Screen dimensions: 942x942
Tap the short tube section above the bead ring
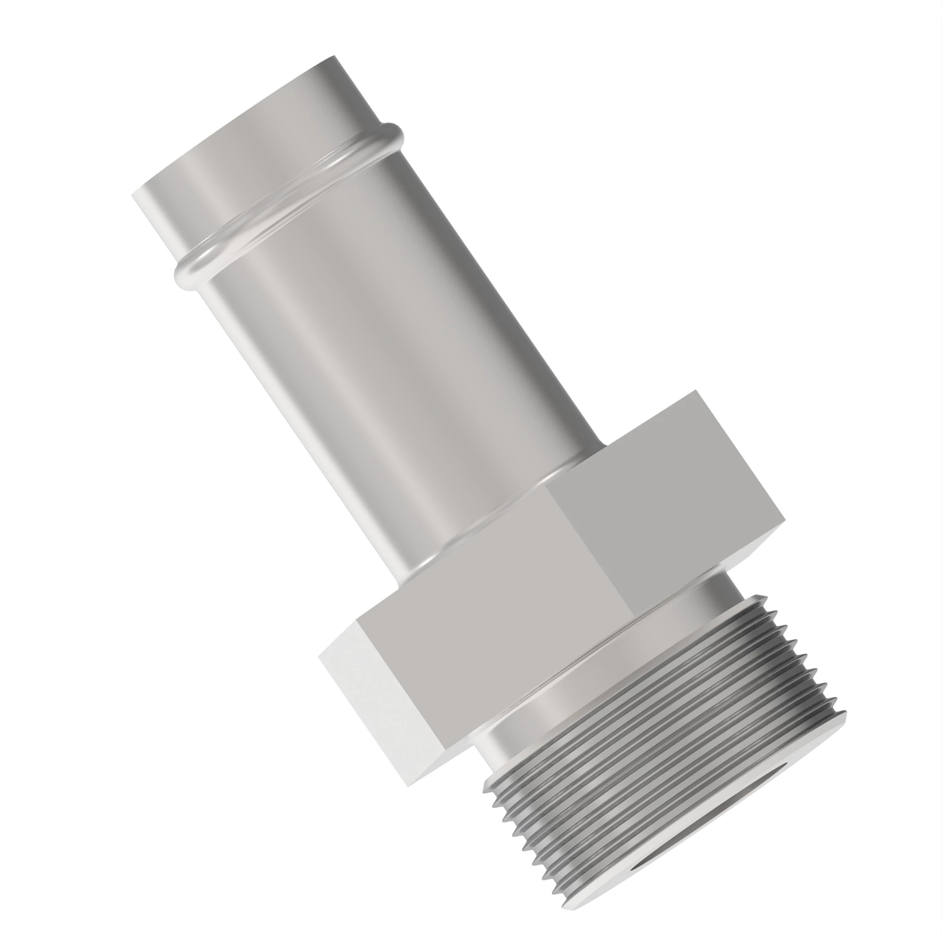pyautogui.click(x=244, y=146)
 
